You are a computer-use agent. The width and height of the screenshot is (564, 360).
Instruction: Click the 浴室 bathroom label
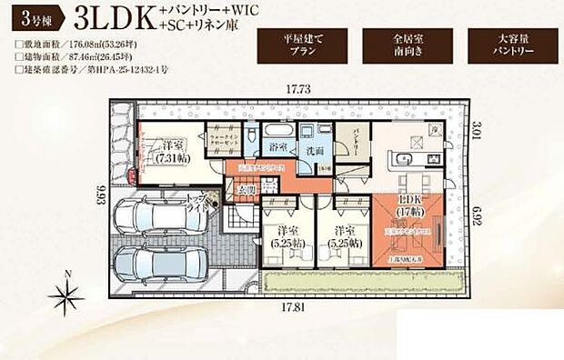coord(276,145)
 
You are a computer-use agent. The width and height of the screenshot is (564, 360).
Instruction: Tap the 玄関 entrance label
coord(246,190)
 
